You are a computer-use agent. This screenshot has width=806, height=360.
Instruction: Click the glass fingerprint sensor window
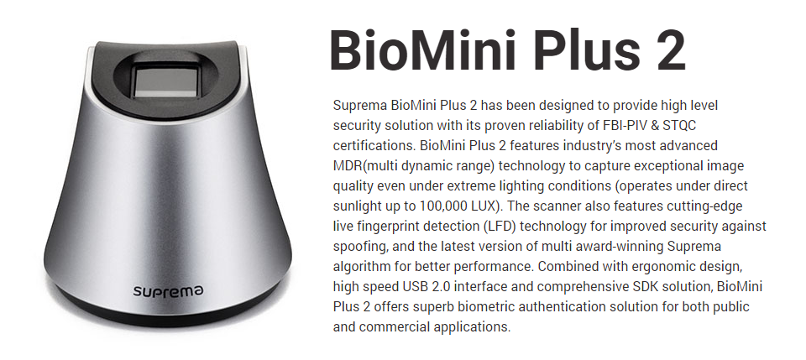point(165,82)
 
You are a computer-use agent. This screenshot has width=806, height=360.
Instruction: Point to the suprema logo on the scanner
point(168,291)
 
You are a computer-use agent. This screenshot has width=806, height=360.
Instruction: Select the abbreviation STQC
point(678,125)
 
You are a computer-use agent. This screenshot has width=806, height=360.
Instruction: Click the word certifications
point(374,145)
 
